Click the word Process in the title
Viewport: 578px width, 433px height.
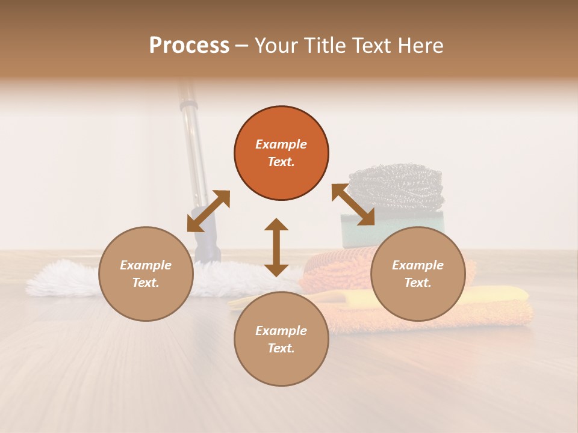(x=189, y=46)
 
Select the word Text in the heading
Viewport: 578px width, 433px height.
(x=372, y=46)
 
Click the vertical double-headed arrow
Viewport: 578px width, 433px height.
(x=276, y=247)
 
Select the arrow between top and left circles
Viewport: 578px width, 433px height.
(x=208, y=211)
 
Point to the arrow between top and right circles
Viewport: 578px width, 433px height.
(x=353, y=204)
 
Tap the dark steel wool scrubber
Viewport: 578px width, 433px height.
(x=397, y=183)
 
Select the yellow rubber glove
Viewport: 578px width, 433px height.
(x=500, y=295)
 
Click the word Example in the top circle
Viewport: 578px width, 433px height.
(x=281, y=144)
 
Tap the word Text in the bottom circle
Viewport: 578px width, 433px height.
(x=281, y=348)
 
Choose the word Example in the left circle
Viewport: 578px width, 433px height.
(x=146, y=265)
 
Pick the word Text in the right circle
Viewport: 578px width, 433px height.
(x=418, y=283)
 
